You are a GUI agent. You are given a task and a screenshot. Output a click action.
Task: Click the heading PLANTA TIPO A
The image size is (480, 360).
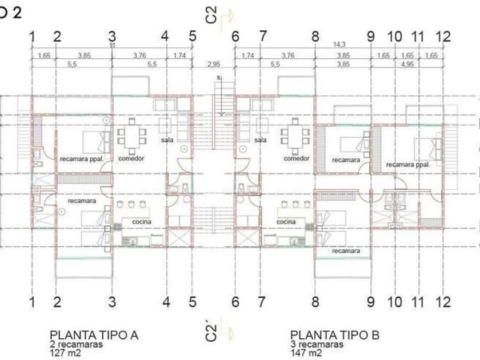[94, 335]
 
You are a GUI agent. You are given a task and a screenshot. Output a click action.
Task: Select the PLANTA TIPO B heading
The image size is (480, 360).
[334, 335]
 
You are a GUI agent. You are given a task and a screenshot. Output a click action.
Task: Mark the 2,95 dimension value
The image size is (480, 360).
[214, 63]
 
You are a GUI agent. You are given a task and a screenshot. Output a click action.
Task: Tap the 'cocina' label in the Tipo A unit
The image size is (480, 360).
[141, 222]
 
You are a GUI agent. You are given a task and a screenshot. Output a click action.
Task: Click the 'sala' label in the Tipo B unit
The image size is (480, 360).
[261, 139]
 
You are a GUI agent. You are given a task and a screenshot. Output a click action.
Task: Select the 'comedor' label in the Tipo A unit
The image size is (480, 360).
[131, 158]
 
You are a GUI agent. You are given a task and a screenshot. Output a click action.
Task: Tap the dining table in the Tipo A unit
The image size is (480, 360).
[131, 135]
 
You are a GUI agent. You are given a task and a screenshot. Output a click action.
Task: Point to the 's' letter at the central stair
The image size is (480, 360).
[218, 77]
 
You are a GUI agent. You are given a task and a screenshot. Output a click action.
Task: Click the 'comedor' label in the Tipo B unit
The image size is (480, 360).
[296, 158]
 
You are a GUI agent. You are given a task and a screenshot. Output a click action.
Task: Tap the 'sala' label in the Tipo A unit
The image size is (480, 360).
[166, 139]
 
